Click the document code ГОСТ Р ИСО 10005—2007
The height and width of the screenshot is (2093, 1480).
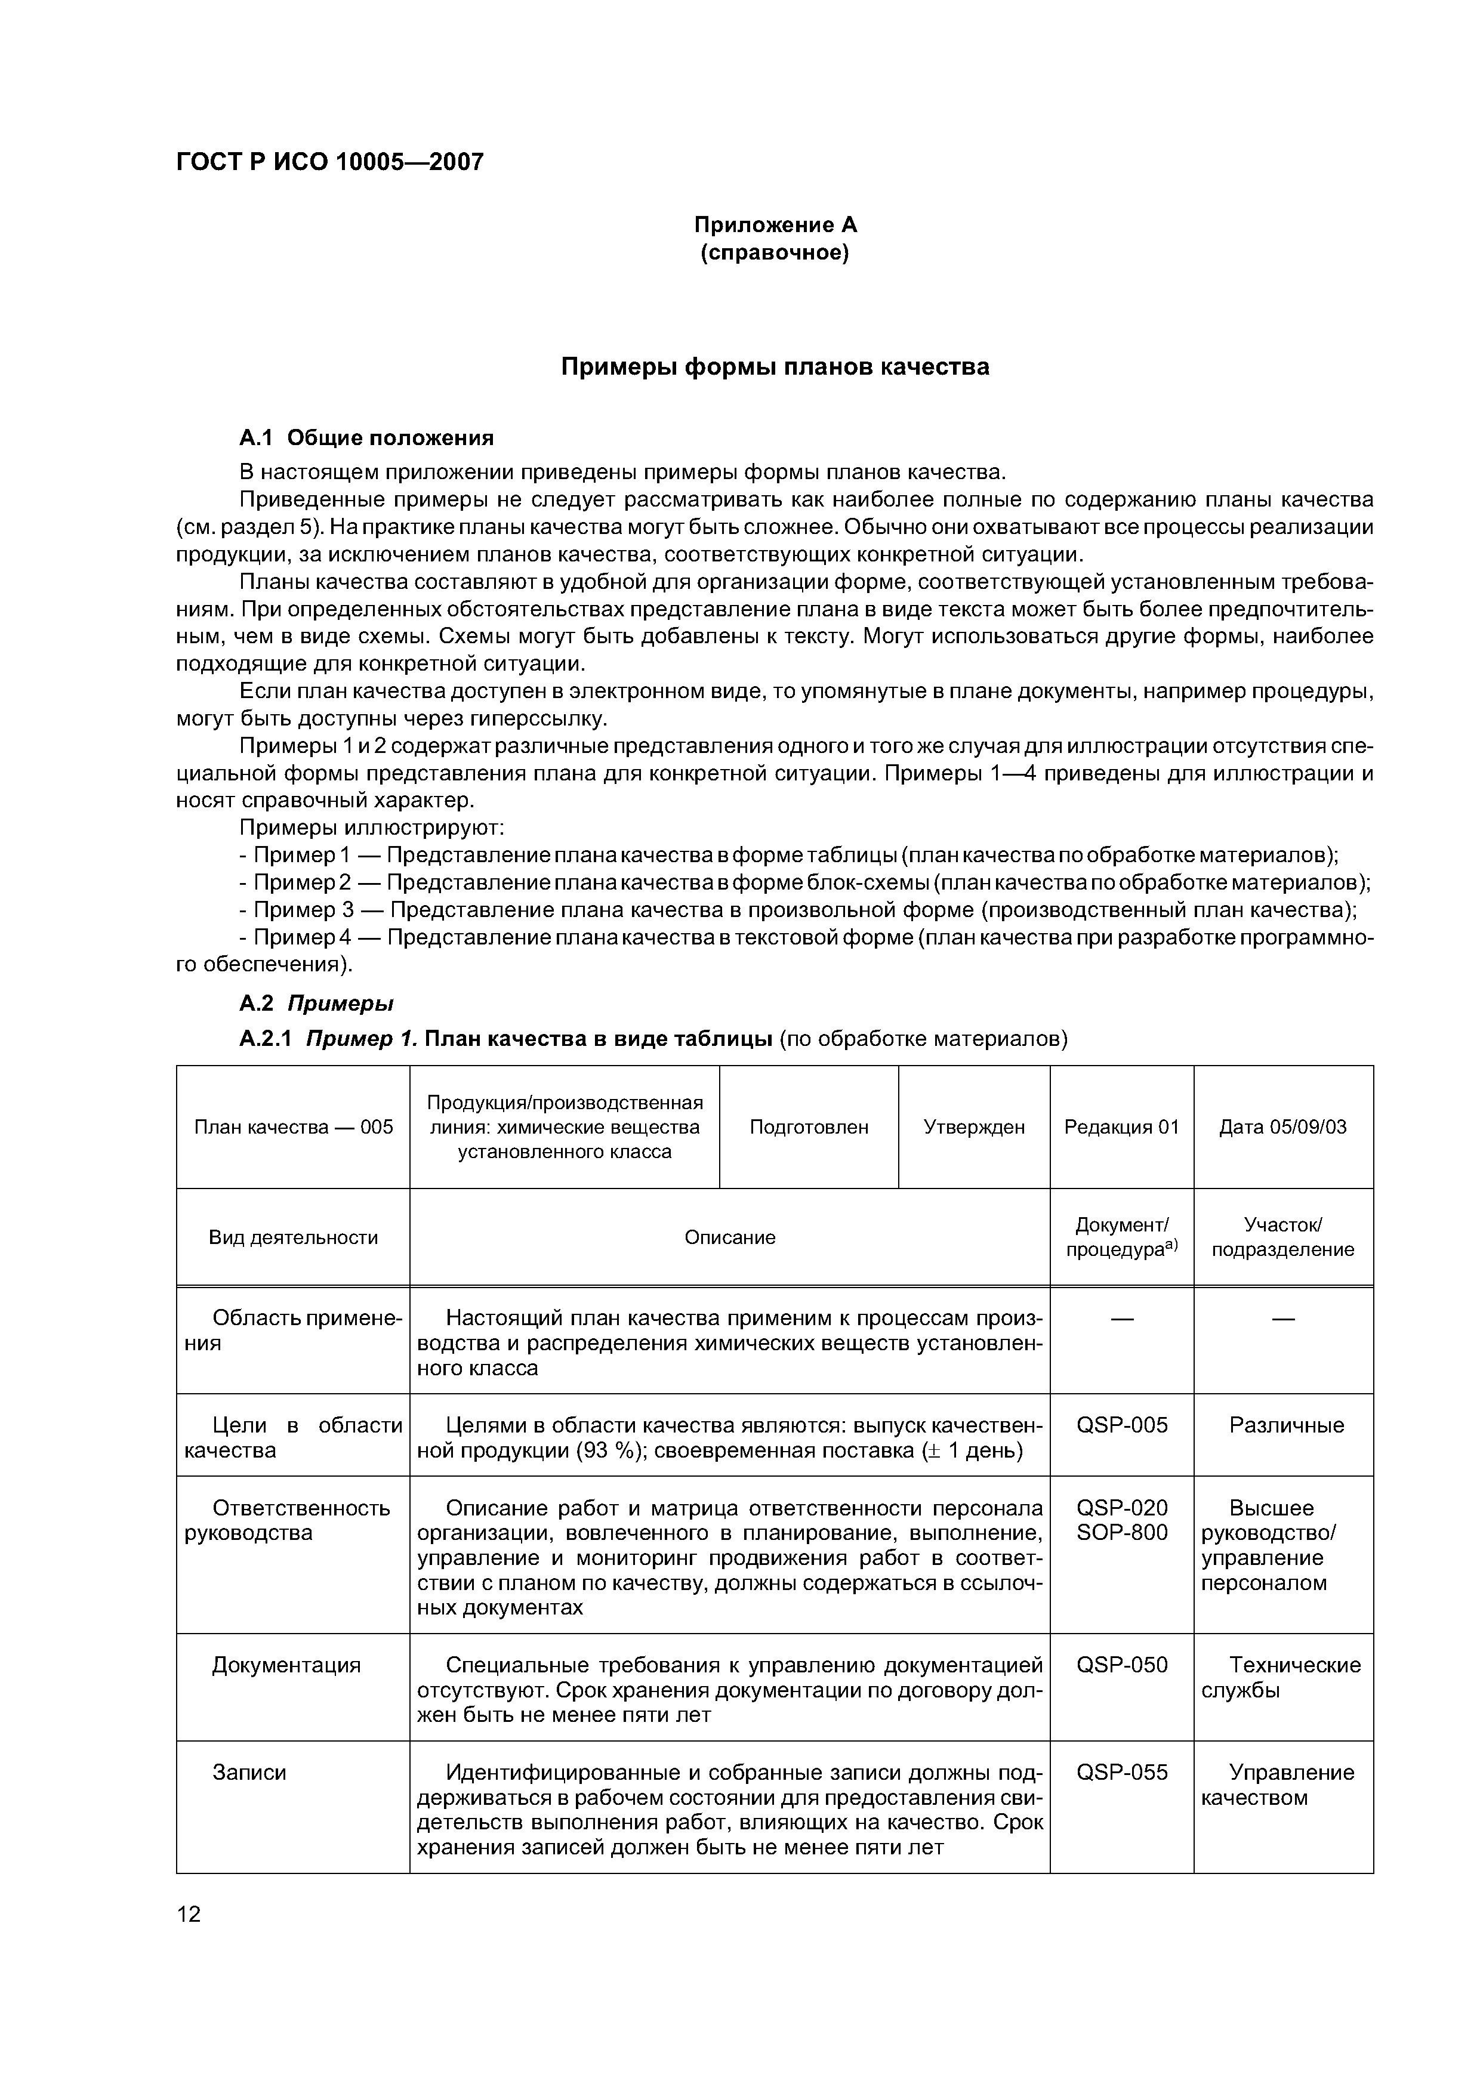point(329,162)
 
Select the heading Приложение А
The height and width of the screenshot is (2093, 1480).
point(775,224)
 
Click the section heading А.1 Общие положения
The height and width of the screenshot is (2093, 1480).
point(366,439)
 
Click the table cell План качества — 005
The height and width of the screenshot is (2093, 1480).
point(294,1128)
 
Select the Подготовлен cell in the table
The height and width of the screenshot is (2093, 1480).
point(809,1128)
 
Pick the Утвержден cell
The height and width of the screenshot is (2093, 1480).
point(974,1128)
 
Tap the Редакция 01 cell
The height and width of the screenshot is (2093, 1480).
point(1121,1128)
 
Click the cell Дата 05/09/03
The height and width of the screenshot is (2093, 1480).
point(1283,1128)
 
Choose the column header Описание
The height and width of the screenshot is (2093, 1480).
point(729,1238)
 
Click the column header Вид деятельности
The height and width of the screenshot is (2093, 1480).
point(294,1238)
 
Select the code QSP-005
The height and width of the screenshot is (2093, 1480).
point(1121,1426)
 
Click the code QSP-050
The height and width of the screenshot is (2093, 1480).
point(1121,1665)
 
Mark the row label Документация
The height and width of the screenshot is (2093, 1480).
point(286,1665)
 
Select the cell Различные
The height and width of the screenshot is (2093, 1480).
point(1286,1426)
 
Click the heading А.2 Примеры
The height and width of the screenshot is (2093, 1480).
point(316,1004)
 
